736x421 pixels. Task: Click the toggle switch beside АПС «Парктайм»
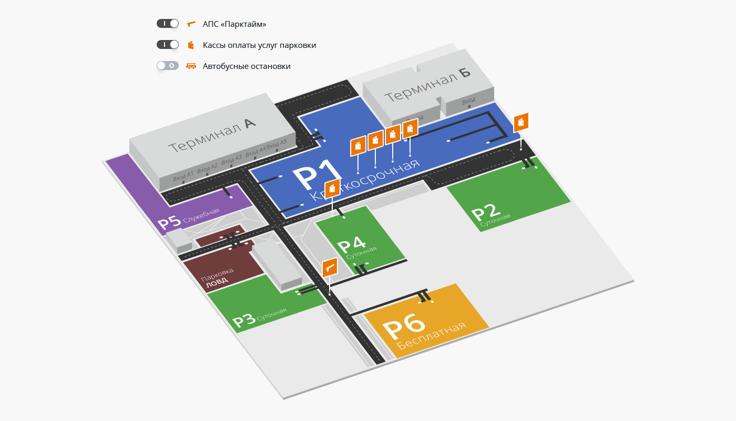click(x=168, y=24)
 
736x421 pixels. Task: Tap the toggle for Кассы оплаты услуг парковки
click(x=168, y=45)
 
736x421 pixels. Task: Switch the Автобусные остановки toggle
click(x=168, y=66)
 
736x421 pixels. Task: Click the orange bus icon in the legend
click(x=191, y=66)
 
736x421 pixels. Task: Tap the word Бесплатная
click(x=432, y=335)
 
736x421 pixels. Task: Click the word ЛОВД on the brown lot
click(x=217, y=281)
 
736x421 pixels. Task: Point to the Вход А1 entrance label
click(x=183, y=175)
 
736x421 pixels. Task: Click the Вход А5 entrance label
click(x=277, y=144)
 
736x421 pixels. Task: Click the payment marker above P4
click(x=332, y=188)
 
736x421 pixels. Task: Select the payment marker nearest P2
click(x=521, y=122)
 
